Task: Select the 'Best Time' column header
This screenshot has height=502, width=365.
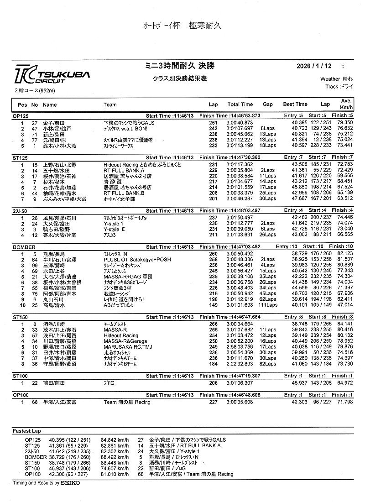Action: (x=295, y=105)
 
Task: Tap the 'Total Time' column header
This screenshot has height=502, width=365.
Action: (x=240, y=105)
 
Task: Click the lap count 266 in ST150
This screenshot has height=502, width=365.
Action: (x=213, y=324)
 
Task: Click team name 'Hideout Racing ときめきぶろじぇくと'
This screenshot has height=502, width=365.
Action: (x=142, y=164)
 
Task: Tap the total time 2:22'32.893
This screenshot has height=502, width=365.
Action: (x=240, y=364)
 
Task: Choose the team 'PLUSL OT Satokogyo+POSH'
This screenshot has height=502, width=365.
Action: (x=136, y=259)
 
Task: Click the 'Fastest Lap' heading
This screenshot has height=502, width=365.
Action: (x=27, y=431)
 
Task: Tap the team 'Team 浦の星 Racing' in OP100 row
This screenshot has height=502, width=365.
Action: (x=130, y=402)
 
